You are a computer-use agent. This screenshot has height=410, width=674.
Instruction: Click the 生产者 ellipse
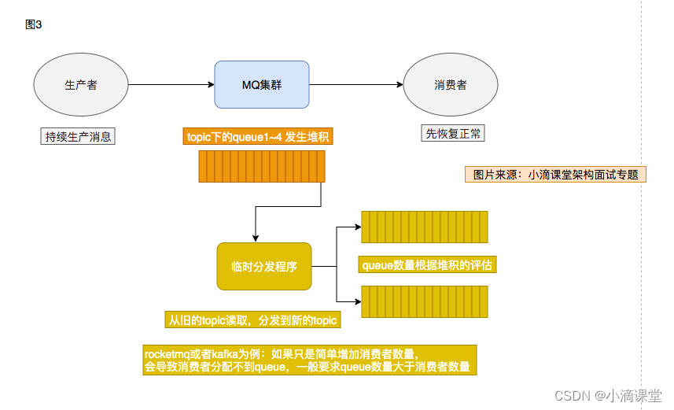(81, 85)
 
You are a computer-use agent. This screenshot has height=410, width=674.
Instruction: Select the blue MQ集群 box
(262, 85)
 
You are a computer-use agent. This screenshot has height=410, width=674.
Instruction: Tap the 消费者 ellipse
(451, 85)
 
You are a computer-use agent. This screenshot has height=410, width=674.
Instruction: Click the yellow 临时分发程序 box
(264, 267)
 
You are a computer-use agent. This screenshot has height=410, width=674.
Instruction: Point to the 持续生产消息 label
(78, 136)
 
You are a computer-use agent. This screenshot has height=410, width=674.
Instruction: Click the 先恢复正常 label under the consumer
(453, 134)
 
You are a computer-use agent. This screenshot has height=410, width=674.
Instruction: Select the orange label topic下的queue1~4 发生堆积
(259, 137)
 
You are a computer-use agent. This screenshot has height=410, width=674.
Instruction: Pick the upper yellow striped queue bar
(424, 227)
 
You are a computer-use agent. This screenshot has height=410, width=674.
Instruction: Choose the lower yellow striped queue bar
(424, 301)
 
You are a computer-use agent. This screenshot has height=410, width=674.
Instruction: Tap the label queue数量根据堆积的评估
(427, 265)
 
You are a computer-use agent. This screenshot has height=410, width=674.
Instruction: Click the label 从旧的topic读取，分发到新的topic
(252, 320)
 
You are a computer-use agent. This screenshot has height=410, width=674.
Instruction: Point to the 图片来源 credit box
(555, 175)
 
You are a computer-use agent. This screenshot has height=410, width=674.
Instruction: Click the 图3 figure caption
(34, 25)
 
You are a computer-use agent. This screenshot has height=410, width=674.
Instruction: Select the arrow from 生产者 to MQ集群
(171, 85)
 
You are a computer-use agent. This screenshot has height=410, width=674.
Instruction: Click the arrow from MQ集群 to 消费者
(355, 85)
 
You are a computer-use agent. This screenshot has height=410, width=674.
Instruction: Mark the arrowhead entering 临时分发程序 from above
(255, 238)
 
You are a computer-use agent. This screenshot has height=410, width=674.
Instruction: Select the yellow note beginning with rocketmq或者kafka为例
(310, 360)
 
